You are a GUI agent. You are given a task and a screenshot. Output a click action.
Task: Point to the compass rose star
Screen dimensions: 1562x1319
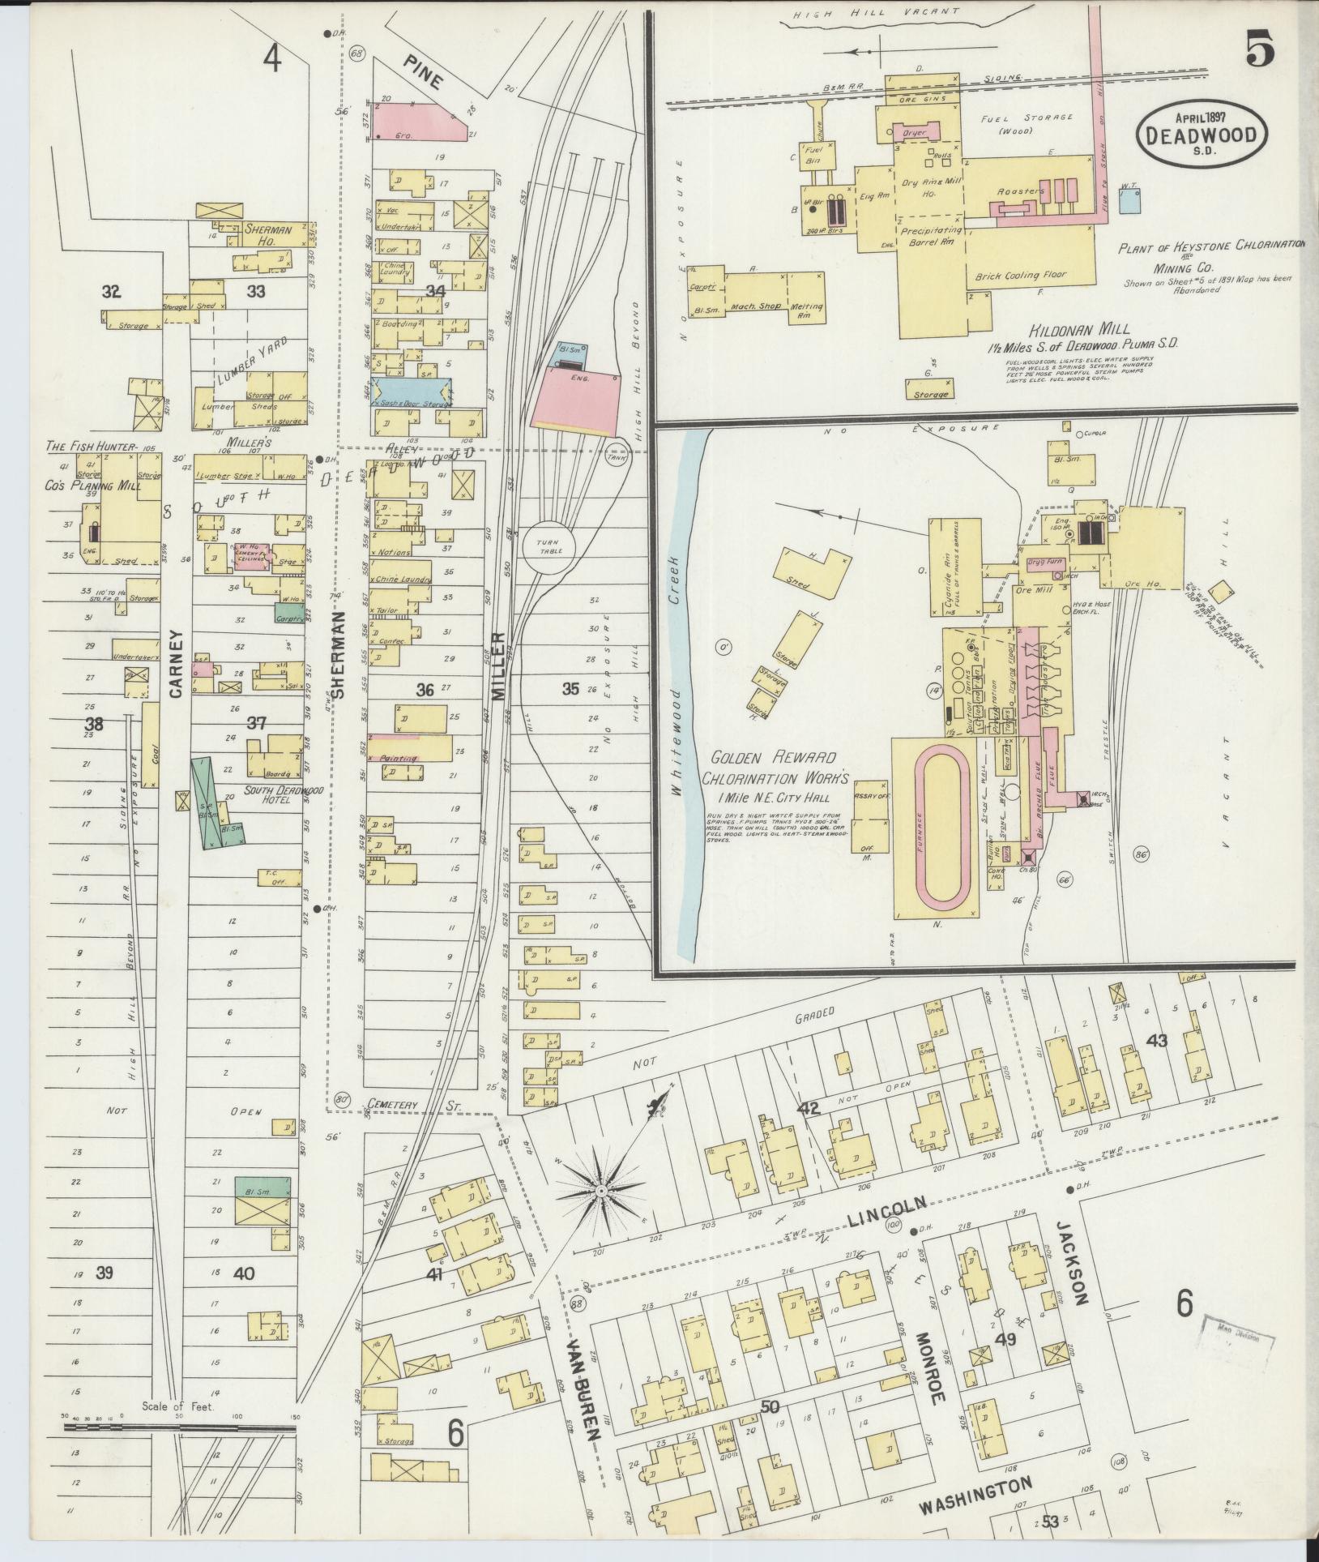600,1191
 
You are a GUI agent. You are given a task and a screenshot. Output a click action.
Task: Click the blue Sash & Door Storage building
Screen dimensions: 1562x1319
411,391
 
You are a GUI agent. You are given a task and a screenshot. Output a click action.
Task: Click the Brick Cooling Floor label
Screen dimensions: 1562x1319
1022,276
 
